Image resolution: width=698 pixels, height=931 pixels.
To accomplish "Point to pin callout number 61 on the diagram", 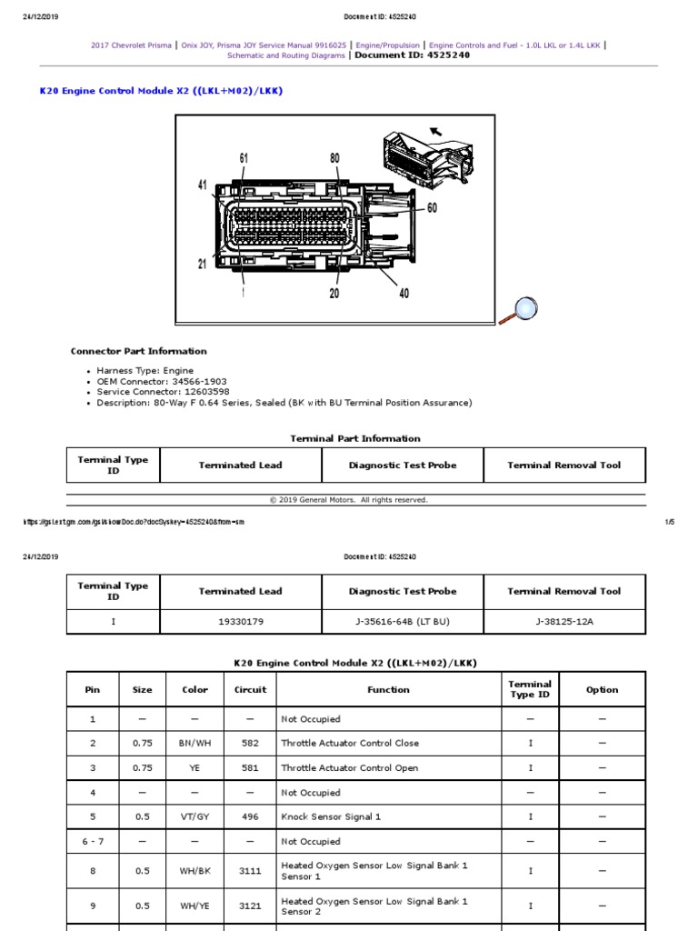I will [244, 158].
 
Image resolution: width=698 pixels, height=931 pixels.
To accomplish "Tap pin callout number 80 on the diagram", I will [334, 158].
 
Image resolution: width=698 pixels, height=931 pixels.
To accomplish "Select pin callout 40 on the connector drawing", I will [404, 293].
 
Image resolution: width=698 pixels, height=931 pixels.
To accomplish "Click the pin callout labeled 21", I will [203, 264].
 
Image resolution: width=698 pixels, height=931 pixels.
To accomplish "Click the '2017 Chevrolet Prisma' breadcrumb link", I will [131, 44].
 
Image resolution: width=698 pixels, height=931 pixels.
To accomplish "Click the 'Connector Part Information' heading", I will [138, 351].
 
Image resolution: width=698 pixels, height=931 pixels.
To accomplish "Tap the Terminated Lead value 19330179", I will [240, 622].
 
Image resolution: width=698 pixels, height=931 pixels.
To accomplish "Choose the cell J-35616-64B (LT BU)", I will [402, 622].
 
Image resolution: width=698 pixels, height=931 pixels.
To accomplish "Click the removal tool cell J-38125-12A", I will [563, 622].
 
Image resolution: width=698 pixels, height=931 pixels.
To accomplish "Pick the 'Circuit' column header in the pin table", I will [250, 690].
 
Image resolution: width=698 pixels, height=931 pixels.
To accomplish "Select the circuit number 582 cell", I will [250, 744].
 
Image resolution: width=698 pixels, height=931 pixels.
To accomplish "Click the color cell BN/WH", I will [195, 744].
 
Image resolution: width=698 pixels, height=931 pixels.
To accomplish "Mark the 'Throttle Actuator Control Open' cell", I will [350, 768].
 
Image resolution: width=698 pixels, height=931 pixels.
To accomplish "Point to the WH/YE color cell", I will [195, 906].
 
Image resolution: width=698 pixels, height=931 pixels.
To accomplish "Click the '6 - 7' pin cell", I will [93, 841].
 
